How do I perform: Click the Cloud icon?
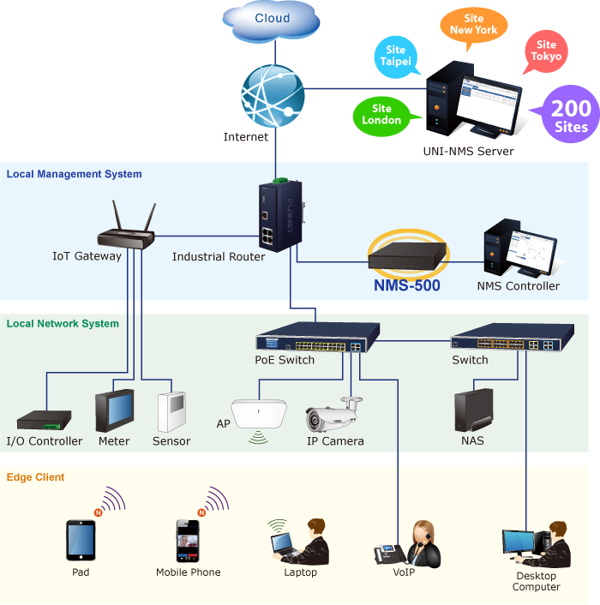271,21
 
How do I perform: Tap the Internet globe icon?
273,96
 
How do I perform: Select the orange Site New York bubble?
473,27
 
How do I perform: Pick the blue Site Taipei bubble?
396,57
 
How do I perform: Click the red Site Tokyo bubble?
546,51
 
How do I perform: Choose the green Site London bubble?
384,116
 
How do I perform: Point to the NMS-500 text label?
407,285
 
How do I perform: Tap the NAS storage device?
473,410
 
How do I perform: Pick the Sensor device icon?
171,411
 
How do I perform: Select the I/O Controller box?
44,420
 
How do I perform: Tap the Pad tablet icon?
81,540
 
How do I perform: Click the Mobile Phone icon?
188,541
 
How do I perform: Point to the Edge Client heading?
35,477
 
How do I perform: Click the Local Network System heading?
63,323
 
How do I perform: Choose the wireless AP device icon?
259,415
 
